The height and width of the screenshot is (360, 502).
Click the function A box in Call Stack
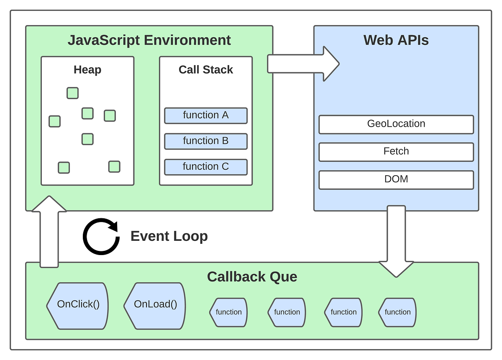coord(205,115)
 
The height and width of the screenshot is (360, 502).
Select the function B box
coord(205,141)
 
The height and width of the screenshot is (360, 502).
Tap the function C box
coord(205,167)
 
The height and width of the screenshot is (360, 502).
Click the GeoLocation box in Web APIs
coord(396,124)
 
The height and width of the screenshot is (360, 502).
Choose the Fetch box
coord(396,152)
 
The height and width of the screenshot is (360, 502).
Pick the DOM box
coord(396,179)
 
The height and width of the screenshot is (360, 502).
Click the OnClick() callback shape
coord(78,304)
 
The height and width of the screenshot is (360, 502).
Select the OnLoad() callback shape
coord(155,304)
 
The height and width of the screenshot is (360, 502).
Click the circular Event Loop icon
coord(101,236)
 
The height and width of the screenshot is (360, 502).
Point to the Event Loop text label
coord(169,236)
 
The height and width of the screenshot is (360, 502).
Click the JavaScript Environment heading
coord(149,41)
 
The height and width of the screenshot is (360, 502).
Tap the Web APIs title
coord(396,41)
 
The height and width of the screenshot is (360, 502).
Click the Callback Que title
coord(252,277)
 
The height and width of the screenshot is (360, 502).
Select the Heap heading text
coord(87,70)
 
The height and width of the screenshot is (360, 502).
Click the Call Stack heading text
coord(205,70)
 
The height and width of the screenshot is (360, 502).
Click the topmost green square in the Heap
coord(72,93)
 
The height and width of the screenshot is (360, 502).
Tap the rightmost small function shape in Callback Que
coord(397,312)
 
